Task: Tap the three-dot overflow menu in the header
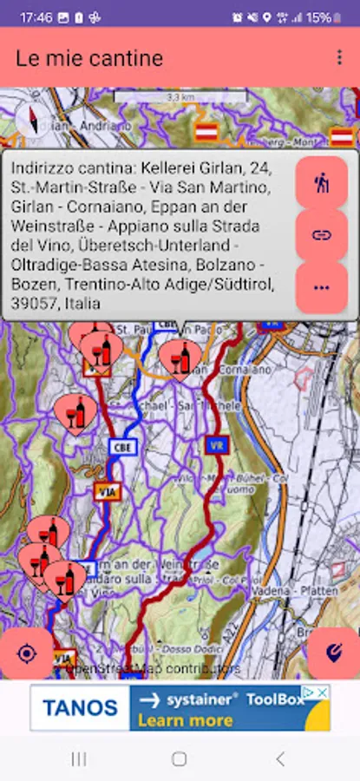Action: [x=339, y=57]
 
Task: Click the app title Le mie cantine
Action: [x=89, y=58]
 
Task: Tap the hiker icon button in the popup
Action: [x=322, y=183]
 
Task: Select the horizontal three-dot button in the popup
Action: [x=322, y=287]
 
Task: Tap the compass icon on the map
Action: [x=30, y=121]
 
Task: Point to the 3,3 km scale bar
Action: [x=181, y=97]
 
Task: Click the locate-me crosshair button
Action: [x=27, y=653]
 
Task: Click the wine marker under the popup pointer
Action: [x=180, y=358]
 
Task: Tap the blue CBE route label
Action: [x=123, y=446]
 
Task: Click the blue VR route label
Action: [x=217, y=445]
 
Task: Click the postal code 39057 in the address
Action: [x=35, y=304]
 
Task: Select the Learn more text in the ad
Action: [x=185, y=720]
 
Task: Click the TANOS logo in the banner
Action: [x=80, y=708]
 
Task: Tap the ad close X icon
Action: [x=322, y=692]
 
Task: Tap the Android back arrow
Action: [x=279, y=759]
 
